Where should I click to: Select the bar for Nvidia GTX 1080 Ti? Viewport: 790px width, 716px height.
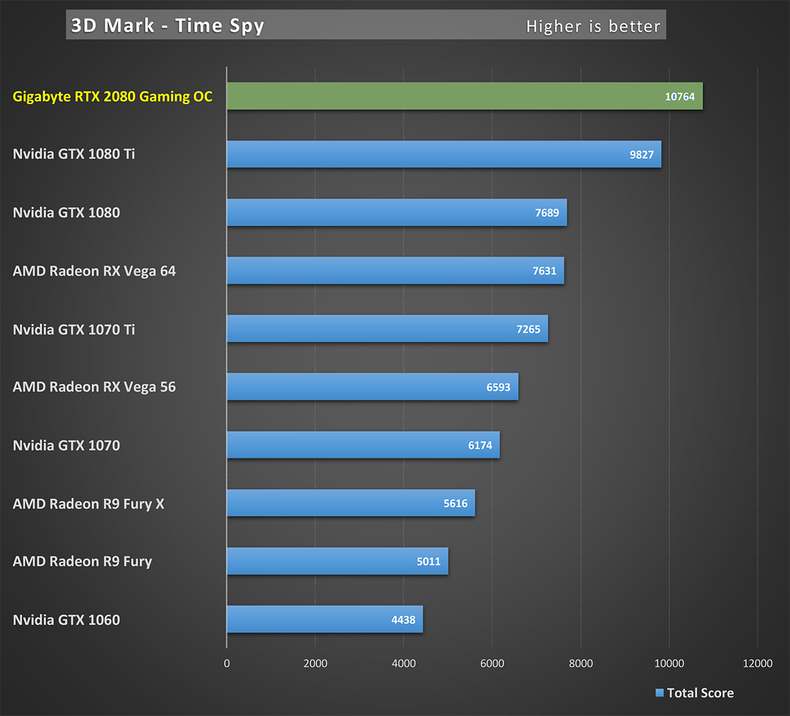[428, 154]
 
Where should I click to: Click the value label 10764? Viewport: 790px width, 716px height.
[679, 97]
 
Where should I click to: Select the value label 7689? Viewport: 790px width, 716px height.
[546, 213]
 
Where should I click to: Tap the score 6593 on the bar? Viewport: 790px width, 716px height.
[498, 387]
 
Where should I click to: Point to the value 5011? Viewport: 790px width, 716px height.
[429, 561]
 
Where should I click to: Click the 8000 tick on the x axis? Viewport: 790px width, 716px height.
[581, 663]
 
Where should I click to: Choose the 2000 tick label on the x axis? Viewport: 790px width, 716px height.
[315, 663]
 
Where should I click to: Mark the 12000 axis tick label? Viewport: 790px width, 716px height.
[757, 663]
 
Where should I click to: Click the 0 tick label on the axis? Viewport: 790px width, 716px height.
[227, 663]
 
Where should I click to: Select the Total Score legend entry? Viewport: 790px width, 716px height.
[695, 693]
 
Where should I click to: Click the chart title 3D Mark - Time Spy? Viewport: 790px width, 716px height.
[167, 26]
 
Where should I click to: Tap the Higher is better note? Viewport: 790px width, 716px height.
[592, 26]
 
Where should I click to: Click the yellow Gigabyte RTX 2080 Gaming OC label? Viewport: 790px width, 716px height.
[113, 97]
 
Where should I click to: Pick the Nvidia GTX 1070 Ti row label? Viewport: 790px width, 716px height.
[74, 329]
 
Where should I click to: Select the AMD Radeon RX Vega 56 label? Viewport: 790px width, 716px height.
[94, 387]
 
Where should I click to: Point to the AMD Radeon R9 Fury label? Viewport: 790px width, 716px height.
[82, 561]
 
